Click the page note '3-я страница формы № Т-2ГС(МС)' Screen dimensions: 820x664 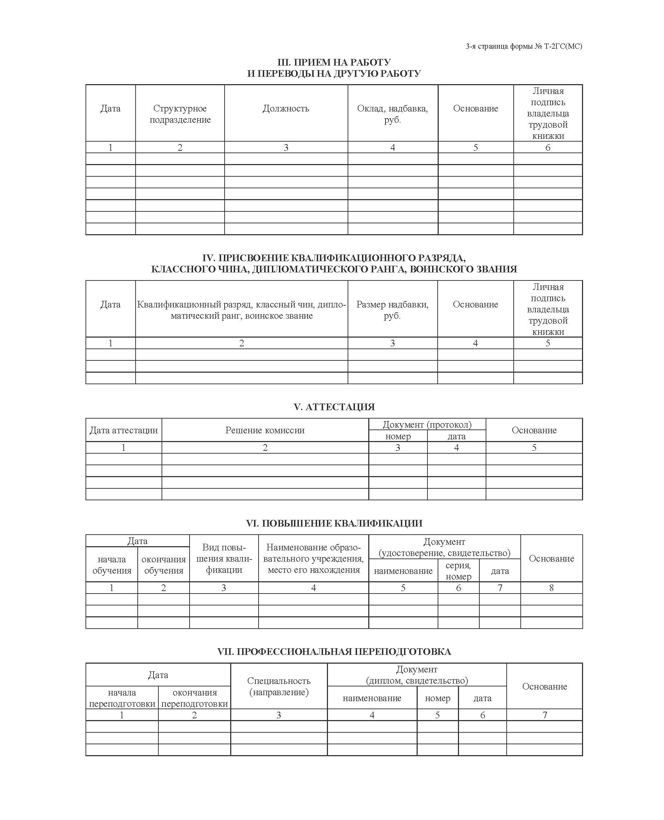click(x=523, y=47)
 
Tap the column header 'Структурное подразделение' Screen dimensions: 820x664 click(x=180, y=114)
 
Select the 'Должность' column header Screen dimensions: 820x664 click(x=286, y=109)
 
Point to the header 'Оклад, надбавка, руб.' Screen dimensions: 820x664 click(x=392, y=114)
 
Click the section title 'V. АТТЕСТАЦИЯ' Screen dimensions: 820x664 click(x=334, y=407)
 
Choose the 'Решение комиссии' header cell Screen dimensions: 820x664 click(x=265, y=430)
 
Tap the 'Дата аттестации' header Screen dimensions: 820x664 click(x=124, y=430)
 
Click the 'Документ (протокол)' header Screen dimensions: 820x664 click(x=427, y=424)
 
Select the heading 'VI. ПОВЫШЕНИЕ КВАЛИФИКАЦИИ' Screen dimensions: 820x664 click(x=334, y=523)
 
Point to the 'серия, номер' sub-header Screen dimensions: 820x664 click(x=458, y=570)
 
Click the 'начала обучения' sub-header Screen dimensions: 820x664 click(x=112, y=565)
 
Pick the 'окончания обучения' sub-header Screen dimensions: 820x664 click(x=164, y=565)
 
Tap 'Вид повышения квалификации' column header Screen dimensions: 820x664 click(x=224, y=559)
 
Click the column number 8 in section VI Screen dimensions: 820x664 click(x=551, y=588)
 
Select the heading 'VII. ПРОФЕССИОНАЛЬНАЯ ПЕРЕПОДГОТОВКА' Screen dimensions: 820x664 click(x=334, y=652)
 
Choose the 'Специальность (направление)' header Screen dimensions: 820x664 click(x=279, y=686)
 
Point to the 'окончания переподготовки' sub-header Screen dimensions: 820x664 click(x=194, y=698)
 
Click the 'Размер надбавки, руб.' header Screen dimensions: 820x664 click(x=392, y=310)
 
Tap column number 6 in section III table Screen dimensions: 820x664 click(x=548, y=148)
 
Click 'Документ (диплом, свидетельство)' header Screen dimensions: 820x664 click(x=417, y=675)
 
